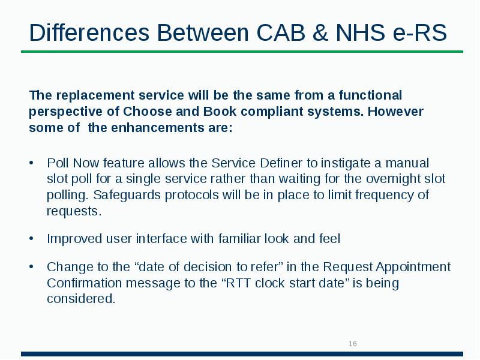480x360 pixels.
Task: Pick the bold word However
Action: tap(396, 112)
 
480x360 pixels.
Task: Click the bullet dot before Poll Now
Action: tap(32, 163)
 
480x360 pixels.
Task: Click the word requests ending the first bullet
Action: tap(72, 211)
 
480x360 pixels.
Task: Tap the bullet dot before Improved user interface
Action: tap(32, 239)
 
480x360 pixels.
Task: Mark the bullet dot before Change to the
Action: tap(32, 267)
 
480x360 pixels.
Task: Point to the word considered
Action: tap(80, 299)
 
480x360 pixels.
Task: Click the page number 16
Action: tap(353, 344)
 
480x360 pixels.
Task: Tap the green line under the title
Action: tap(240, 52)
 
